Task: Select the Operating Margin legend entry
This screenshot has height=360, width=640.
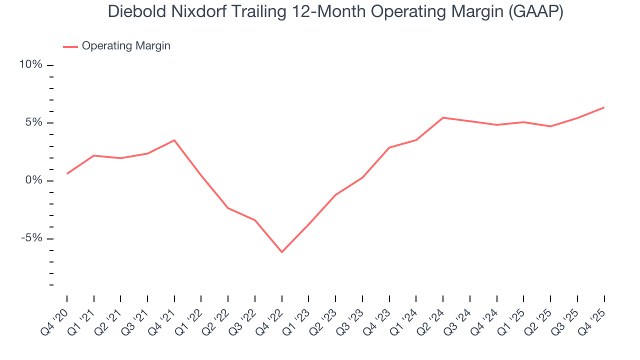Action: point(125,46)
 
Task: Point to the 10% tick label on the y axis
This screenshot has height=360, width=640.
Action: point(30,65)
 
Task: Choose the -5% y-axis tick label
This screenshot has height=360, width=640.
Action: point(31,238)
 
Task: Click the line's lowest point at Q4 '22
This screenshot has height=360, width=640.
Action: point(282,252)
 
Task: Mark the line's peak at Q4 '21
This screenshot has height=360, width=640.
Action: point(174,140)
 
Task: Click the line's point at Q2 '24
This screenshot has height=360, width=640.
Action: point(443,117)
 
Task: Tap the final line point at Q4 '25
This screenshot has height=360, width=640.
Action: point(604,107)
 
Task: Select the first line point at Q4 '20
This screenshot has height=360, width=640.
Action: point(67,173)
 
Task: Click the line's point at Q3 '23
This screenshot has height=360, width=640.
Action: point(362,177)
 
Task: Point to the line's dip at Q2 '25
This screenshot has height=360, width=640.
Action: point(550,126)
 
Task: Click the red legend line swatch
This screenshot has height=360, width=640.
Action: point(70,46)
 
